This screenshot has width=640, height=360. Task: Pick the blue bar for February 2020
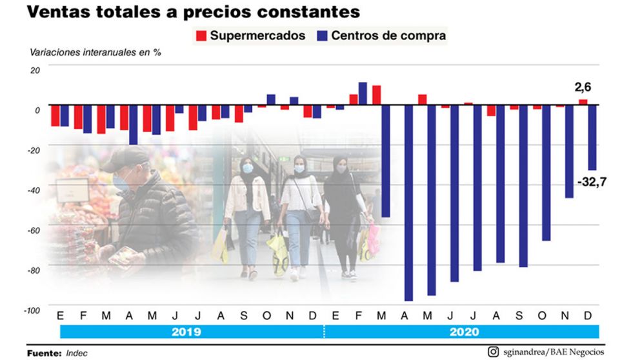[363, 93]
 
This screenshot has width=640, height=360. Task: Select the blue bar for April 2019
[133, 124]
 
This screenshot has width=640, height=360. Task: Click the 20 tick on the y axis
[35, 70]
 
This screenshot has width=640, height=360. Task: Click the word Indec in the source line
[77, 353]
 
